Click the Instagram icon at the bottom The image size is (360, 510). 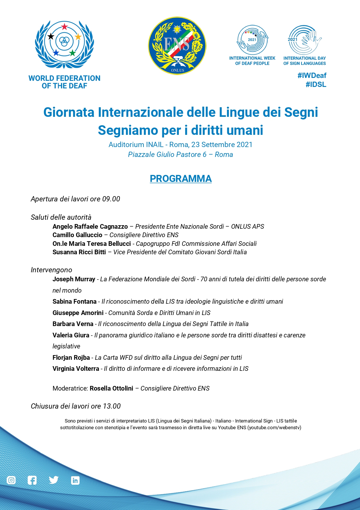[11, 480]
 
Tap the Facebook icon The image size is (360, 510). [32, 480]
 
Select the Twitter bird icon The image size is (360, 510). [54, 480]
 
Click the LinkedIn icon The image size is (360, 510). [75, 480]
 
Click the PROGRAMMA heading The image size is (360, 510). [181, 178]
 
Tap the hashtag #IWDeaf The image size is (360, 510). [312, 76]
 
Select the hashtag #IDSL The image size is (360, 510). [316, 85]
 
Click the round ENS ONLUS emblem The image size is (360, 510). [177, 46]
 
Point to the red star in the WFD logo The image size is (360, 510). [64, 27]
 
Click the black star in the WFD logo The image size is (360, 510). [51, 36]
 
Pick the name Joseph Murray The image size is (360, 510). [74, 279]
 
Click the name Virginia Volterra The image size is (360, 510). [76, 369]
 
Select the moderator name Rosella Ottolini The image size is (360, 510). [111, 389]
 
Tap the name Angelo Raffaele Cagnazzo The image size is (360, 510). [90, 227]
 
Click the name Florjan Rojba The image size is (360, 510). [71, 358]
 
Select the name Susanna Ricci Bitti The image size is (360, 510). [79, 252]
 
